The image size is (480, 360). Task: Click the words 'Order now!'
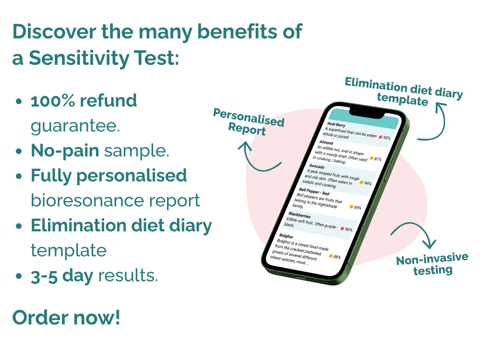66,318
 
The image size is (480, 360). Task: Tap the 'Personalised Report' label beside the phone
248,122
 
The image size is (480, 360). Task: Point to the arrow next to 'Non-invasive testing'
415,235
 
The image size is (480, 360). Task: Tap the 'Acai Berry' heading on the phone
336,124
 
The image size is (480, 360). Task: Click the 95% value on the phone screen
387,138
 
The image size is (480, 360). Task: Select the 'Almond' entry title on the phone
326,143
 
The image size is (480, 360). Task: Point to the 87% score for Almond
378,159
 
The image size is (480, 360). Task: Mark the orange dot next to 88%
331,255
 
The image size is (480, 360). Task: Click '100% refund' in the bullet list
84,101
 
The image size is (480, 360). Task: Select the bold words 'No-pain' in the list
65,151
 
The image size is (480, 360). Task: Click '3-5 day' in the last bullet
61,276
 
